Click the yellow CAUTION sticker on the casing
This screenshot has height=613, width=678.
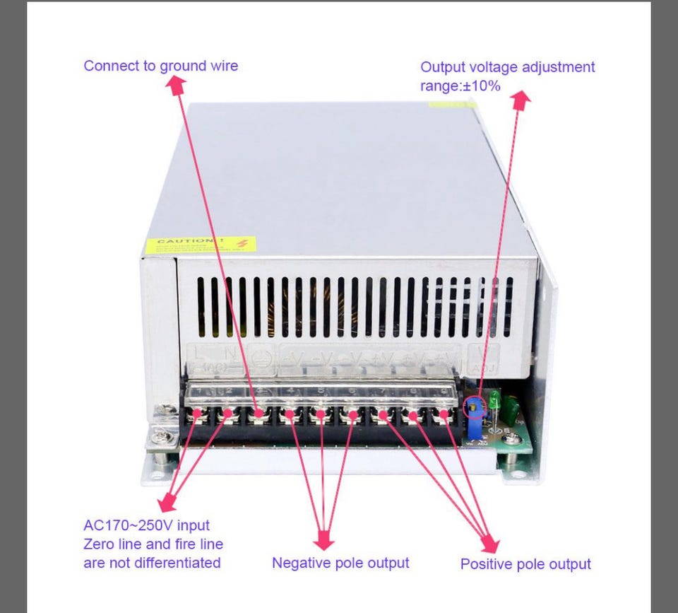tap(201, 245)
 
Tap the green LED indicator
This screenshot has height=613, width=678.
tap(495, 400)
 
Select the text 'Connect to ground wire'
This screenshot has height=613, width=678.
tap(161, 66)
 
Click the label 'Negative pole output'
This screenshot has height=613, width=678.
tap(340, 563)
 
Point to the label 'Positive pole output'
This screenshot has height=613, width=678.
tap(525, 564)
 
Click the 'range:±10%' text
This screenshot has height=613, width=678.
tap(460, 86)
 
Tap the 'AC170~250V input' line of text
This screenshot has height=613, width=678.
tap(146, 525)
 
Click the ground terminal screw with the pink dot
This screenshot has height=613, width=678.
tap(259, 413)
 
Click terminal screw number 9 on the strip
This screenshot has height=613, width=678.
tap(444, 414)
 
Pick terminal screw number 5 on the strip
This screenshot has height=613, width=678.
tap(321, 414)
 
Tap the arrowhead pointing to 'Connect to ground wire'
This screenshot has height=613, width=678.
tap(176, 86)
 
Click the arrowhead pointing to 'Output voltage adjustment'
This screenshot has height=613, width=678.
tap(521, 100)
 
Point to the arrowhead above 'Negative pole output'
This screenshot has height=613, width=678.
tap(323, 540)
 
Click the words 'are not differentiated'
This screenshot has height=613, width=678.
tap(152, 563)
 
